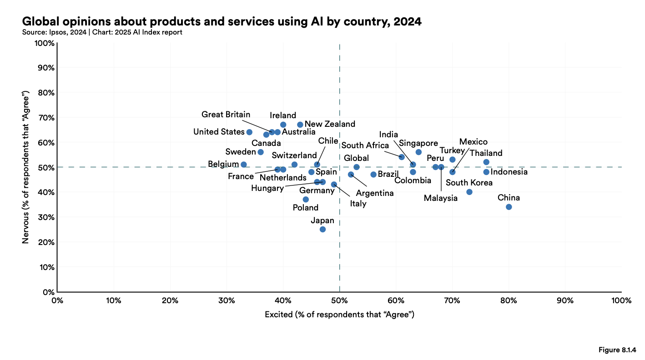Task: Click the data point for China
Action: click(509, 207)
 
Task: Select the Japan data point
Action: click(322, 229)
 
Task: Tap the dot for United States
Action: click(249, 132)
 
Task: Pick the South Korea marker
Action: click(469, 192)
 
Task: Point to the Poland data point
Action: click(306, 199)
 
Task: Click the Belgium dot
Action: click(243, 165)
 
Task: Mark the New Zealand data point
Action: click(300, 125)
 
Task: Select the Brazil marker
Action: click(373, 175)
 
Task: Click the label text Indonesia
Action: click(509, 172)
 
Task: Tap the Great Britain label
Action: click(226, 115)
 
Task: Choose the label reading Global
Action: click(356, 158)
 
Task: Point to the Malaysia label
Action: click(440, 198)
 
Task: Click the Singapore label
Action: click(418, 144)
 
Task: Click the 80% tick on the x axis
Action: click(509, 300)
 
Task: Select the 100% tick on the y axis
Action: click(45, 43)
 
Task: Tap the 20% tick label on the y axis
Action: click(46, 242)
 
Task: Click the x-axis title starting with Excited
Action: click(339, 314)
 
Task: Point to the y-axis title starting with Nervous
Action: click(26, 167)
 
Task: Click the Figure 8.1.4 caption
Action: click(616, 350)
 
